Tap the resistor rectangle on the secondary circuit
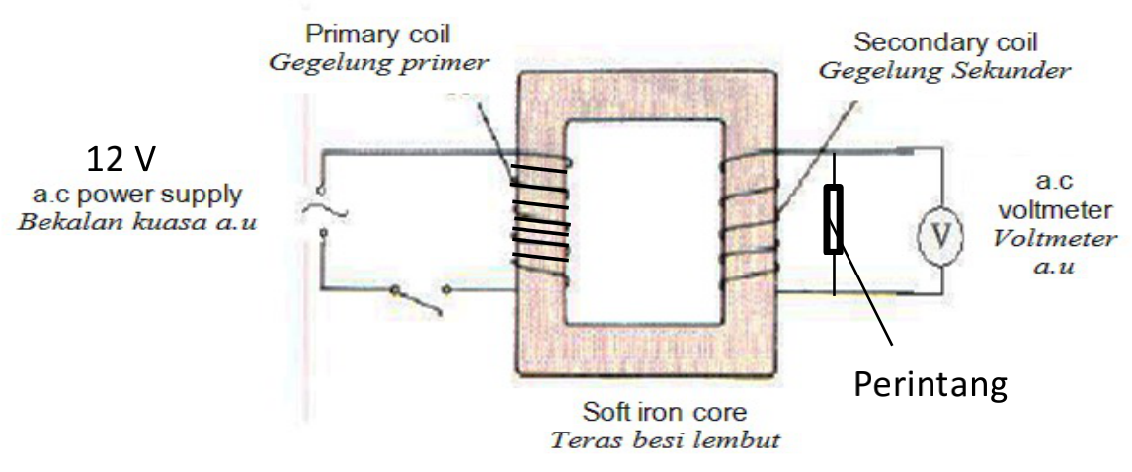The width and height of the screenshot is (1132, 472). point(834,219)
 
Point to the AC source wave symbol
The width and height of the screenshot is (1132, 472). point(315,208)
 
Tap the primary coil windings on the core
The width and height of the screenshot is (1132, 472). point(539,221)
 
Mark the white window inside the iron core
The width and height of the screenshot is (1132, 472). point(643,227)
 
